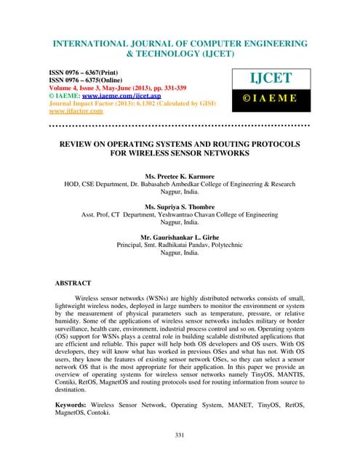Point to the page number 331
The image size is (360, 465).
tap(180, 435)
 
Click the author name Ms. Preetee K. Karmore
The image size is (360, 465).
tap(179, 177)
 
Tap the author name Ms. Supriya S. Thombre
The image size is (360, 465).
tap(180, 209)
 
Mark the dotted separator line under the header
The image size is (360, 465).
tap(179, 126)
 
